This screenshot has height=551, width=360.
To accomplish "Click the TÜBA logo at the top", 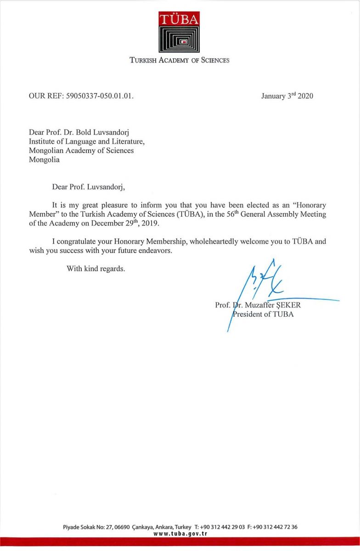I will [x=180, y=32].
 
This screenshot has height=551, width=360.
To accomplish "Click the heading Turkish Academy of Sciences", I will [x=180, y=60].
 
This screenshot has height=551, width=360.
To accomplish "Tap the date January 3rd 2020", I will [x=287, y=96].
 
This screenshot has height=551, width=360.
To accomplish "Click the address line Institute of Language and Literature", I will [x=87, y=142].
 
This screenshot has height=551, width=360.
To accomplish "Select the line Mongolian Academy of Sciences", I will [x=81, y=151].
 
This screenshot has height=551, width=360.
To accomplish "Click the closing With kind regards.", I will [x=96, y=269].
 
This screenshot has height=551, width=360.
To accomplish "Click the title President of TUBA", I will [x=263, y=315].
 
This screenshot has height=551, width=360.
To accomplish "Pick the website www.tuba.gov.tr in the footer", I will [x=180, y=534].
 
